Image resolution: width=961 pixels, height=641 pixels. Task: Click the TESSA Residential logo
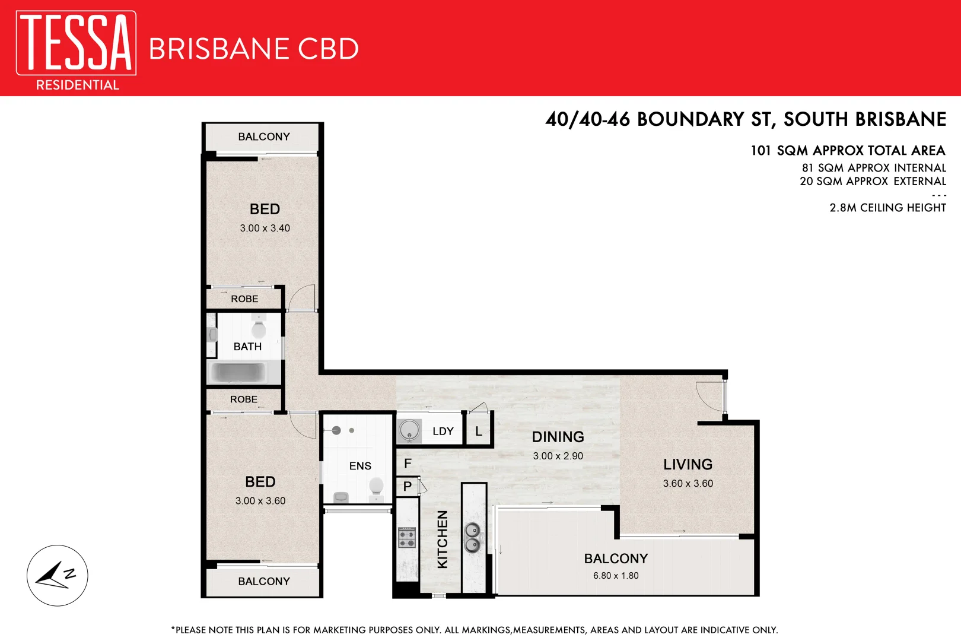point(76,50)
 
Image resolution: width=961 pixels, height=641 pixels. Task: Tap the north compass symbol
point(57,575)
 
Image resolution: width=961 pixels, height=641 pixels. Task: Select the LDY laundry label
point(443,431)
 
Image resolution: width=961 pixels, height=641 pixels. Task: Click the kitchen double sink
point(472,537)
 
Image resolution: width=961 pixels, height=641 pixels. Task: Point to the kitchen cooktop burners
point(407,538)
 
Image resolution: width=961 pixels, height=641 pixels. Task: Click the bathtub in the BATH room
point(239,372)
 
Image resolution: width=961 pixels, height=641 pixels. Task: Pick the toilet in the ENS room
point(376,487)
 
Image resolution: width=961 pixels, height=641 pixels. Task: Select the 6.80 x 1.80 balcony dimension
point(616,576)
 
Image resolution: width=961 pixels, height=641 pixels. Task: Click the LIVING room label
point(688,465)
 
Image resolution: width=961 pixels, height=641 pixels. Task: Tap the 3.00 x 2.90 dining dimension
point(558,456)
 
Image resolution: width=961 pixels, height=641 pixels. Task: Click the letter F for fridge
point(408,464)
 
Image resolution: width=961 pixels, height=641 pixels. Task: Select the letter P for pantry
point(408,486)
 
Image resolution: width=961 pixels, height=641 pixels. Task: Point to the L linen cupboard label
point(479,431)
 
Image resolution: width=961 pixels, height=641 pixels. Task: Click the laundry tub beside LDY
point(409,430)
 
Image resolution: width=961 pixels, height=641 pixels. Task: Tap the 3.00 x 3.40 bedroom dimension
point(265,228)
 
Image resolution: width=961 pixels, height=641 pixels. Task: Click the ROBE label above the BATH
point(244,299)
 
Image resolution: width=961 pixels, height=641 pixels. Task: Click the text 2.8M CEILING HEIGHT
point(887,208)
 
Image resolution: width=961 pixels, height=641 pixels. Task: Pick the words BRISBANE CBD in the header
point(253,49)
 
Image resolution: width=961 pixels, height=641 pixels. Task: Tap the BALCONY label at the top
point(264,137)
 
